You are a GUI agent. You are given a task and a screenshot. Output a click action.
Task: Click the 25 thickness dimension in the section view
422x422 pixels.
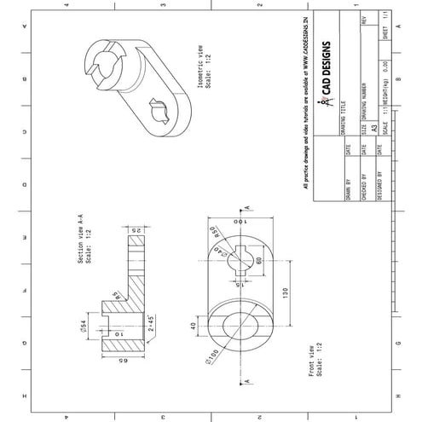point(135,231)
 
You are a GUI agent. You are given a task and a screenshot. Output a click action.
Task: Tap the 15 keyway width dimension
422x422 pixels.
point(240,282)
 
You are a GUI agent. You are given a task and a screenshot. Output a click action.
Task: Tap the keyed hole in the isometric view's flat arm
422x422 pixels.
point(159,108)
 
